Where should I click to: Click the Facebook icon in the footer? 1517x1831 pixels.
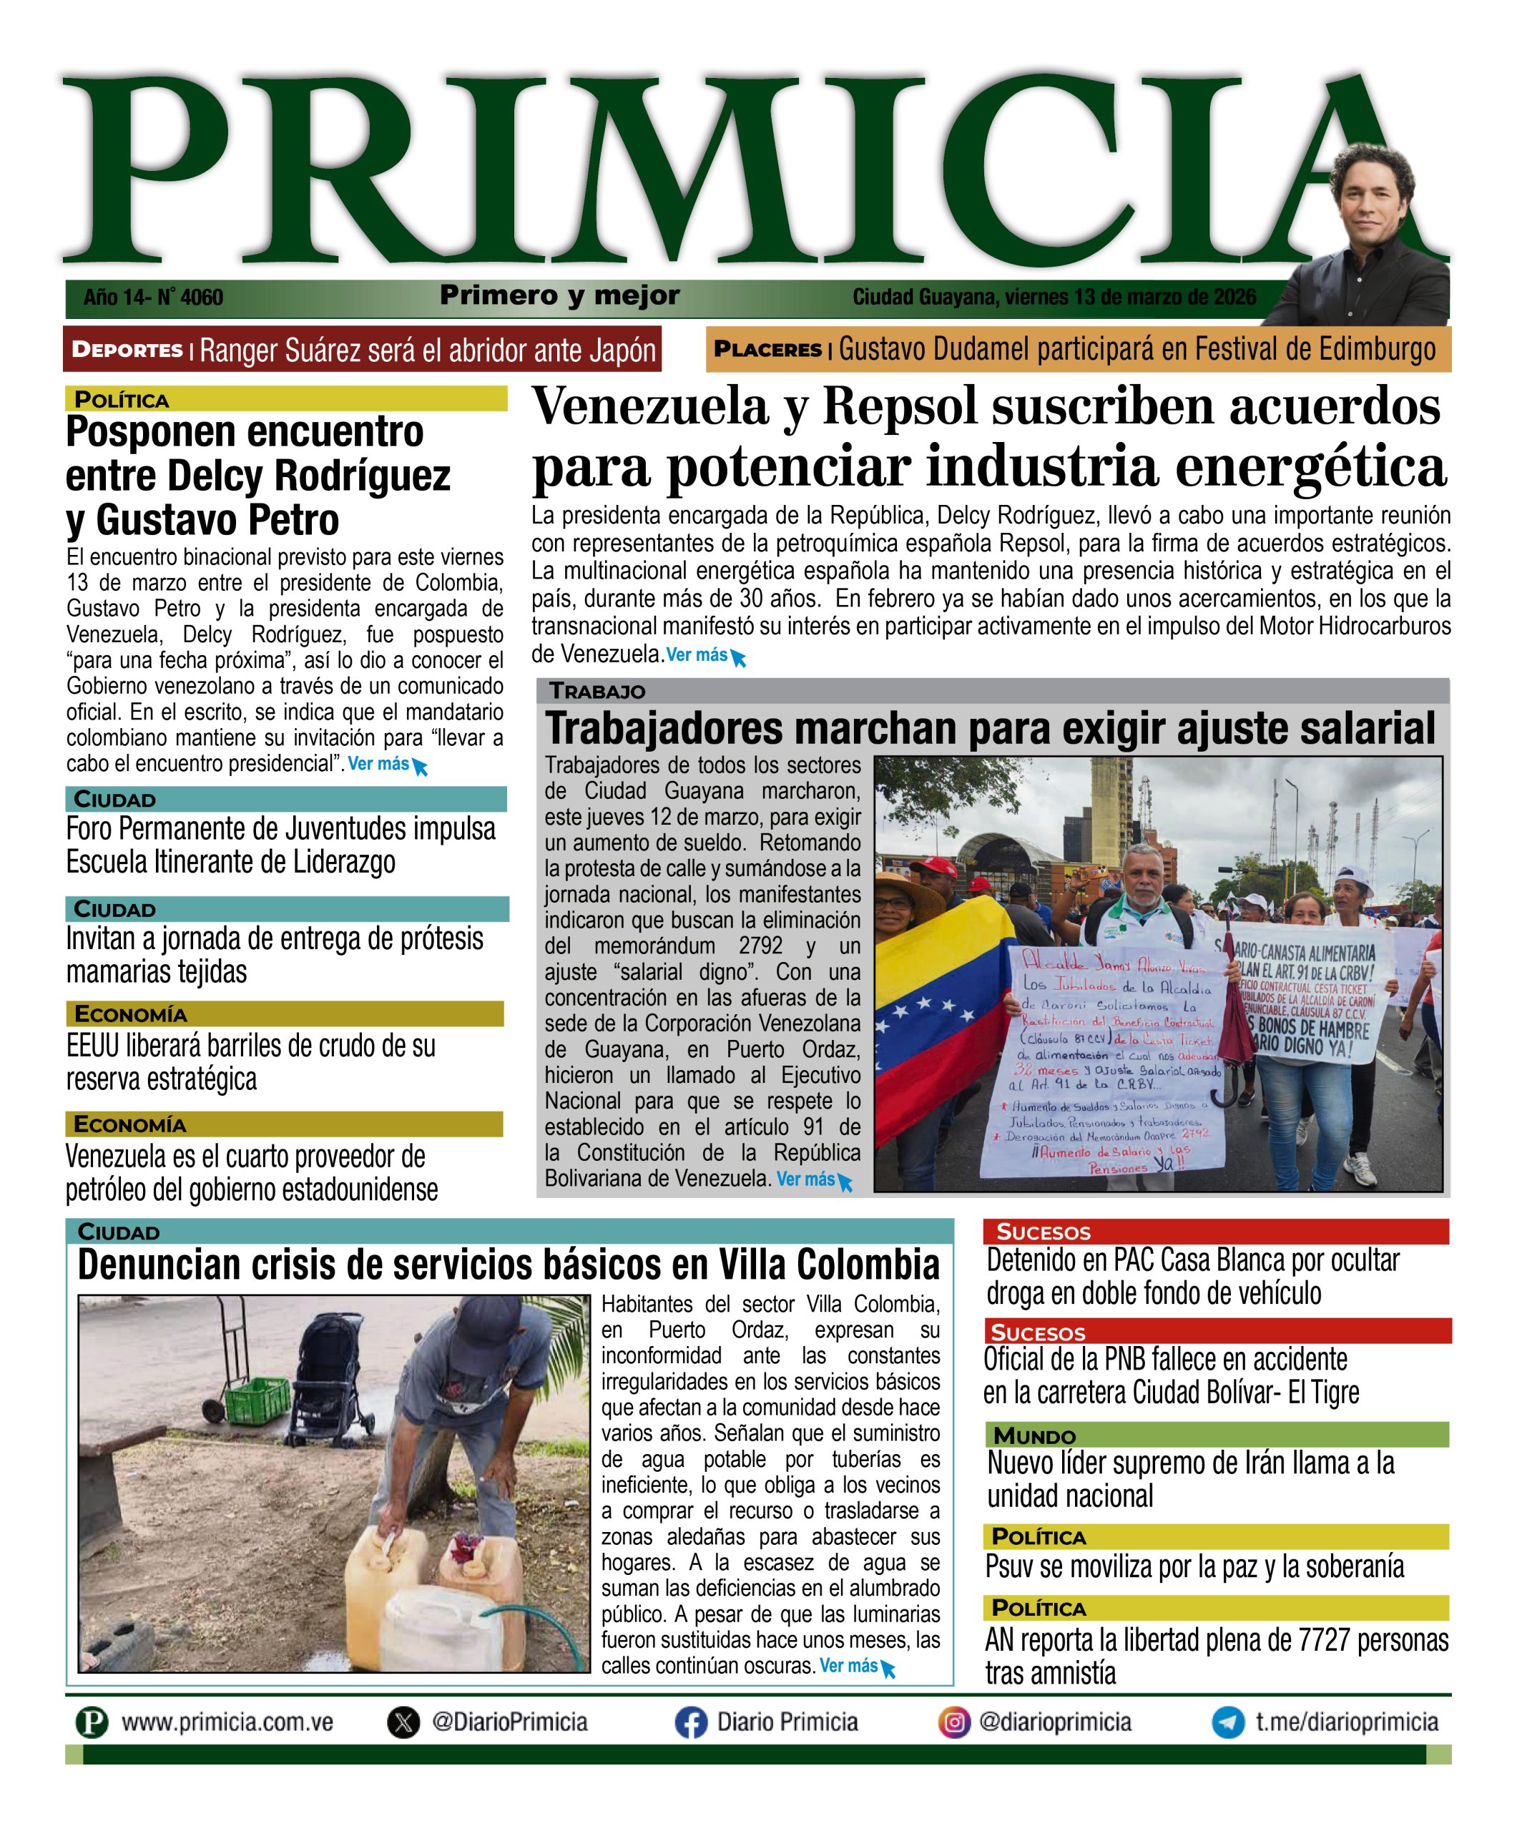pyautogui.click(x=689, y=1723)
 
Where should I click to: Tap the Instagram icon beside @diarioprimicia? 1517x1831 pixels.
pyautogui.click(x=954, y=1722)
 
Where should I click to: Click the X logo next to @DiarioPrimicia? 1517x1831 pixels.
pyautogui.click(x=403, y=1723)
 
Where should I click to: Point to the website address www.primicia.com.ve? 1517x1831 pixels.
pyautogui.click(x=227, y=1722)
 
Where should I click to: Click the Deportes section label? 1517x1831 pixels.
pyautogui.click(x=127, y=350)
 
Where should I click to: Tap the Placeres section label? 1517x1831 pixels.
pyautogui.click(x=767, y=350)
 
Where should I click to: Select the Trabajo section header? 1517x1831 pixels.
pyautogui.click(x=597, y=692)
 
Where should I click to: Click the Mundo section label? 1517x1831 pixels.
pyautogui.click(x=1034, y=1436)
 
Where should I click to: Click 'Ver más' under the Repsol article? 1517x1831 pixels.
pyautogui.click(x=697, y=655)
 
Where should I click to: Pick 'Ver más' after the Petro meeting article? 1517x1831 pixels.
pyautogui.click(x=378, y=764)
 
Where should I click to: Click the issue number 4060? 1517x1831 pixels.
pyautogui.click(x=202, y=298)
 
